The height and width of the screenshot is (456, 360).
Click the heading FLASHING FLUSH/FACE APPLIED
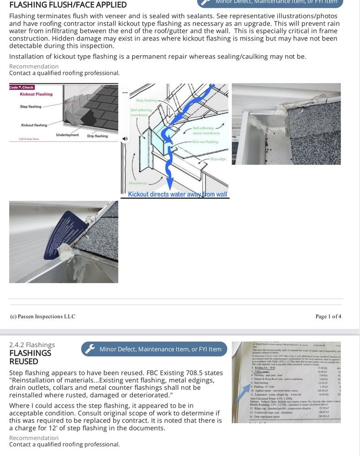coord(68,5)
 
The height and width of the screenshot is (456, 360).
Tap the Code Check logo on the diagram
coord(21,87)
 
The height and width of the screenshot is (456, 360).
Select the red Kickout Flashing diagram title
coord(36,94)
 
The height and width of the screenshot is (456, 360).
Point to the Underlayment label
coord(67,135)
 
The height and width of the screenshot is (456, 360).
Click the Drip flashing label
coord(97,136)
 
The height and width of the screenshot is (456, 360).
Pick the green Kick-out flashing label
coord(205,142)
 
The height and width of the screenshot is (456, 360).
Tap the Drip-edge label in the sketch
coord(218,159)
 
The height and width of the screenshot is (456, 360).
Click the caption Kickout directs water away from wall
coord(177,195)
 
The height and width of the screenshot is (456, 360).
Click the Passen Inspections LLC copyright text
coord(42,316)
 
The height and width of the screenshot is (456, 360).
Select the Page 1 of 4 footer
coord(328,316)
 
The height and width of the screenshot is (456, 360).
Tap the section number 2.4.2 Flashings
coord(32,345)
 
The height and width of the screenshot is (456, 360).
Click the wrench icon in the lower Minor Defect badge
coord(91,349)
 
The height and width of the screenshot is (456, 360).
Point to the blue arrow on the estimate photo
coord(243,393)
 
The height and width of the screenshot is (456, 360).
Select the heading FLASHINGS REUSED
coord(30,357)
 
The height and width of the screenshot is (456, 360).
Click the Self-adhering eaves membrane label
coord(206,130)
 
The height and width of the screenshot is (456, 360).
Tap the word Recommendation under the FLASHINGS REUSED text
coord(34,438)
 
